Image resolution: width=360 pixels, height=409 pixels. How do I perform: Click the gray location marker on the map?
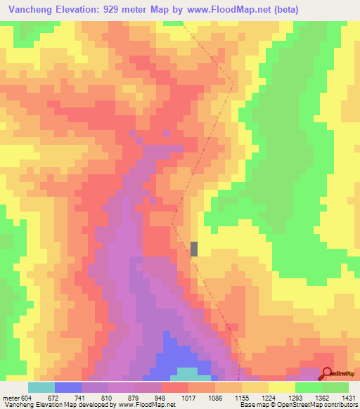pyautogui.click(x=195, y=249)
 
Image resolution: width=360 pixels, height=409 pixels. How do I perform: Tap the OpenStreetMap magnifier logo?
pyautogui.click(x=328, y=373)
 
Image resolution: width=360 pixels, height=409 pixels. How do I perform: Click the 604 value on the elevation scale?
pyautogui.click(x=26, y=397)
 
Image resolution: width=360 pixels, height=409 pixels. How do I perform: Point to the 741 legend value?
pyautogui.click(x=79, y=397)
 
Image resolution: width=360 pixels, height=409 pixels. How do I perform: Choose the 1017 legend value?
pyautogui.click(x=188, y=397)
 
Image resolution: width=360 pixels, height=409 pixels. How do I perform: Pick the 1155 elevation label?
pyautogui.click(x=241, y=397)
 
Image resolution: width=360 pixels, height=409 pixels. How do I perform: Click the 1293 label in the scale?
pyautogui.click(x=295, y=397)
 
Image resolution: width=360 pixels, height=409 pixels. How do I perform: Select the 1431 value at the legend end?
pyautogui.click(x=348, y=397)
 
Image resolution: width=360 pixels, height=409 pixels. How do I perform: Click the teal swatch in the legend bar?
pyautogui.click(x=41, y=387)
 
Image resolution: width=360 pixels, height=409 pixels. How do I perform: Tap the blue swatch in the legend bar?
pyautogui.click(x=68, y=387)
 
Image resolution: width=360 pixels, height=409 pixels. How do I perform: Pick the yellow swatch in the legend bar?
pyautogui.click(x=281, y=387)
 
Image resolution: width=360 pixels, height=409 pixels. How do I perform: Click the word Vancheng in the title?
pyautogui.click(x=29, y=10)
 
